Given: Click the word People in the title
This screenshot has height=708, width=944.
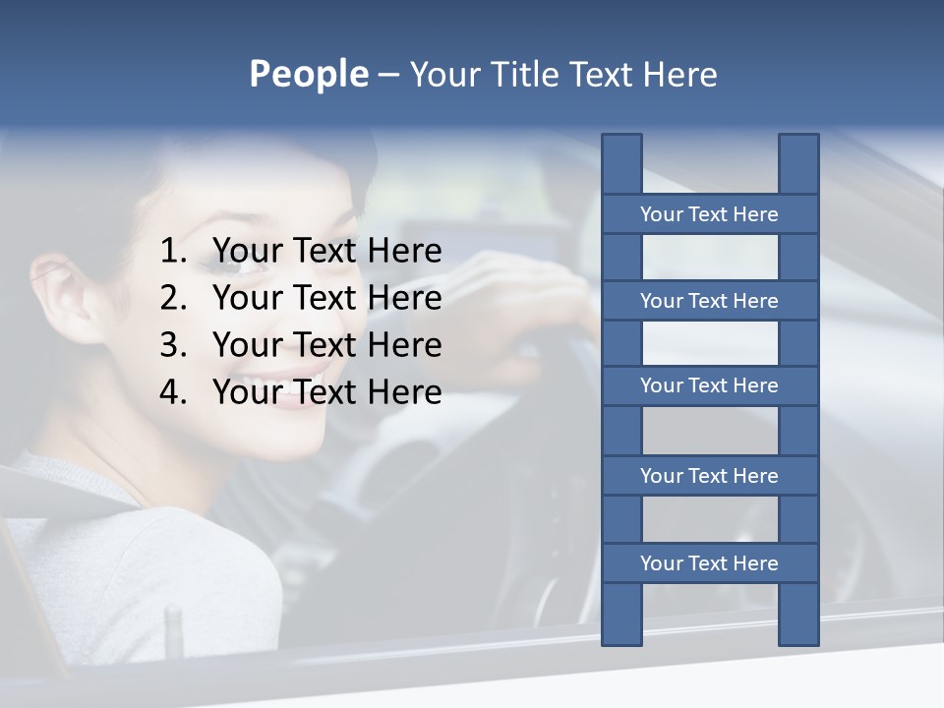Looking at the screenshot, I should click(308, 74).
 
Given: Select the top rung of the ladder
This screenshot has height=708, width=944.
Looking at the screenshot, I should click(709, 214).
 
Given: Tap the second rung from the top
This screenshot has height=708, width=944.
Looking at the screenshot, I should click(709, 301).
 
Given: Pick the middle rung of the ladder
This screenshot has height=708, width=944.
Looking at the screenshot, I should click(709, 385).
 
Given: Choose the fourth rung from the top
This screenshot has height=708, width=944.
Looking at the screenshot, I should click(709, 476).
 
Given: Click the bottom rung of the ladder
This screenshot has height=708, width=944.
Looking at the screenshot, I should click(709, 563).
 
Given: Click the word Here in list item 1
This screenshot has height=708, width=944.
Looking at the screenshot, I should click(404, 252).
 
